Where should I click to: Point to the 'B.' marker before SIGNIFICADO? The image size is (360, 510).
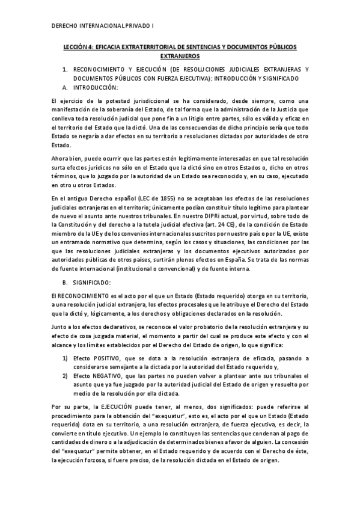click(66, 281)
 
